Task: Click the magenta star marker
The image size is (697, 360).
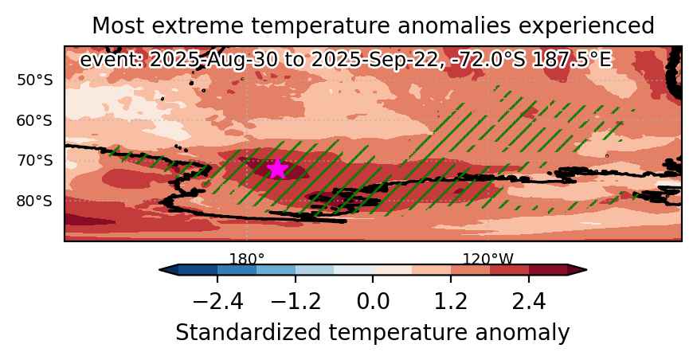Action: coord(277,169)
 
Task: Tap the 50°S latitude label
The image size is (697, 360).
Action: coord(35,80)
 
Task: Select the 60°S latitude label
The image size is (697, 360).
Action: coord(35,120)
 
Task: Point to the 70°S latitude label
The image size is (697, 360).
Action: coord(35,160)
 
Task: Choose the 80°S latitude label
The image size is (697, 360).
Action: coord(35,201)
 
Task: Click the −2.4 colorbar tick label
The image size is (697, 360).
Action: coord(218,303)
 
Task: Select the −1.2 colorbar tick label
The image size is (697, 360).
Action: coord(296,303)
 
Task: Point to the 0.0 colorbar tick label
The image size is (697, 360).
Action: coord(373,303)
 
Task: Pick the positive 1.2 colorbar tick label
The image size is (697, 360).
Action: coord(451,303)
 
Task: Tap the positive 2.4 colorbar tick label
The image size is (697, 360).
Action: coord(529,303)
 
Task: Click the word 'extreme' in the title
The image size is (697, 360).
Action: coord(206,26)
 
